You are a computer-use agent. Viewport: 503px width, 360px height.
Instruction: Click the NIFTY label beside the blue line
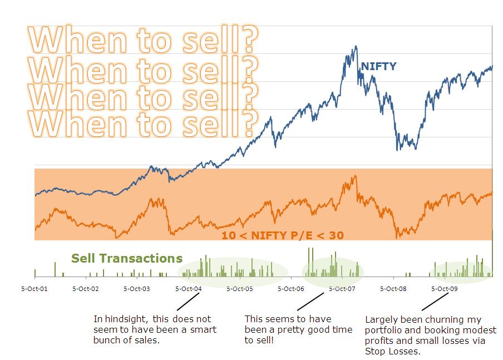378,67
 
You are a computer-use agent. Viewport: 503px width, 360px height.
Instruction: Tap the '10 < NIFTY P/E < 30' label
282,235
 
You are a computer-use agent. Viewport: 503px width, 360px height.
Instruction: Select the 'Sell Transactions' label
127,258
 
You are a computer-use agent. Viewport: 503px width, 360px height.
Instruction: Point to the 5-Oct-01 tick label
34,289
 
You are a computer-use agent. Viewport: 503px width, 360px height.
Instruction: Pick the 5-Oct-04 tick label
188,289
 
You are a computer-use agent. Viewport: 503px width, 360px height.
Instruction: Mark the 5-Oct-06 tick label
290,289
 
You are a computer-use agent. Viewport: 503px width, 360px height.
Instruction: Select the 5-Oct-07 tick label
342,289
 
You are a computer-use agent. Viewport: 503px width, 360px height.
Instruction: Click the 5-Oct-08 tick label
393,289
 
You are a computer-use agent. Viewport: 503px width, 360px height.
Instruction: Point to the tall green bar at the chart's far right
493,253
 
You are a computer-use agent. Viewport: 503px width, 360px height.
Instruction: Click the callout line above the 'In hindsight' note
189,301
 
